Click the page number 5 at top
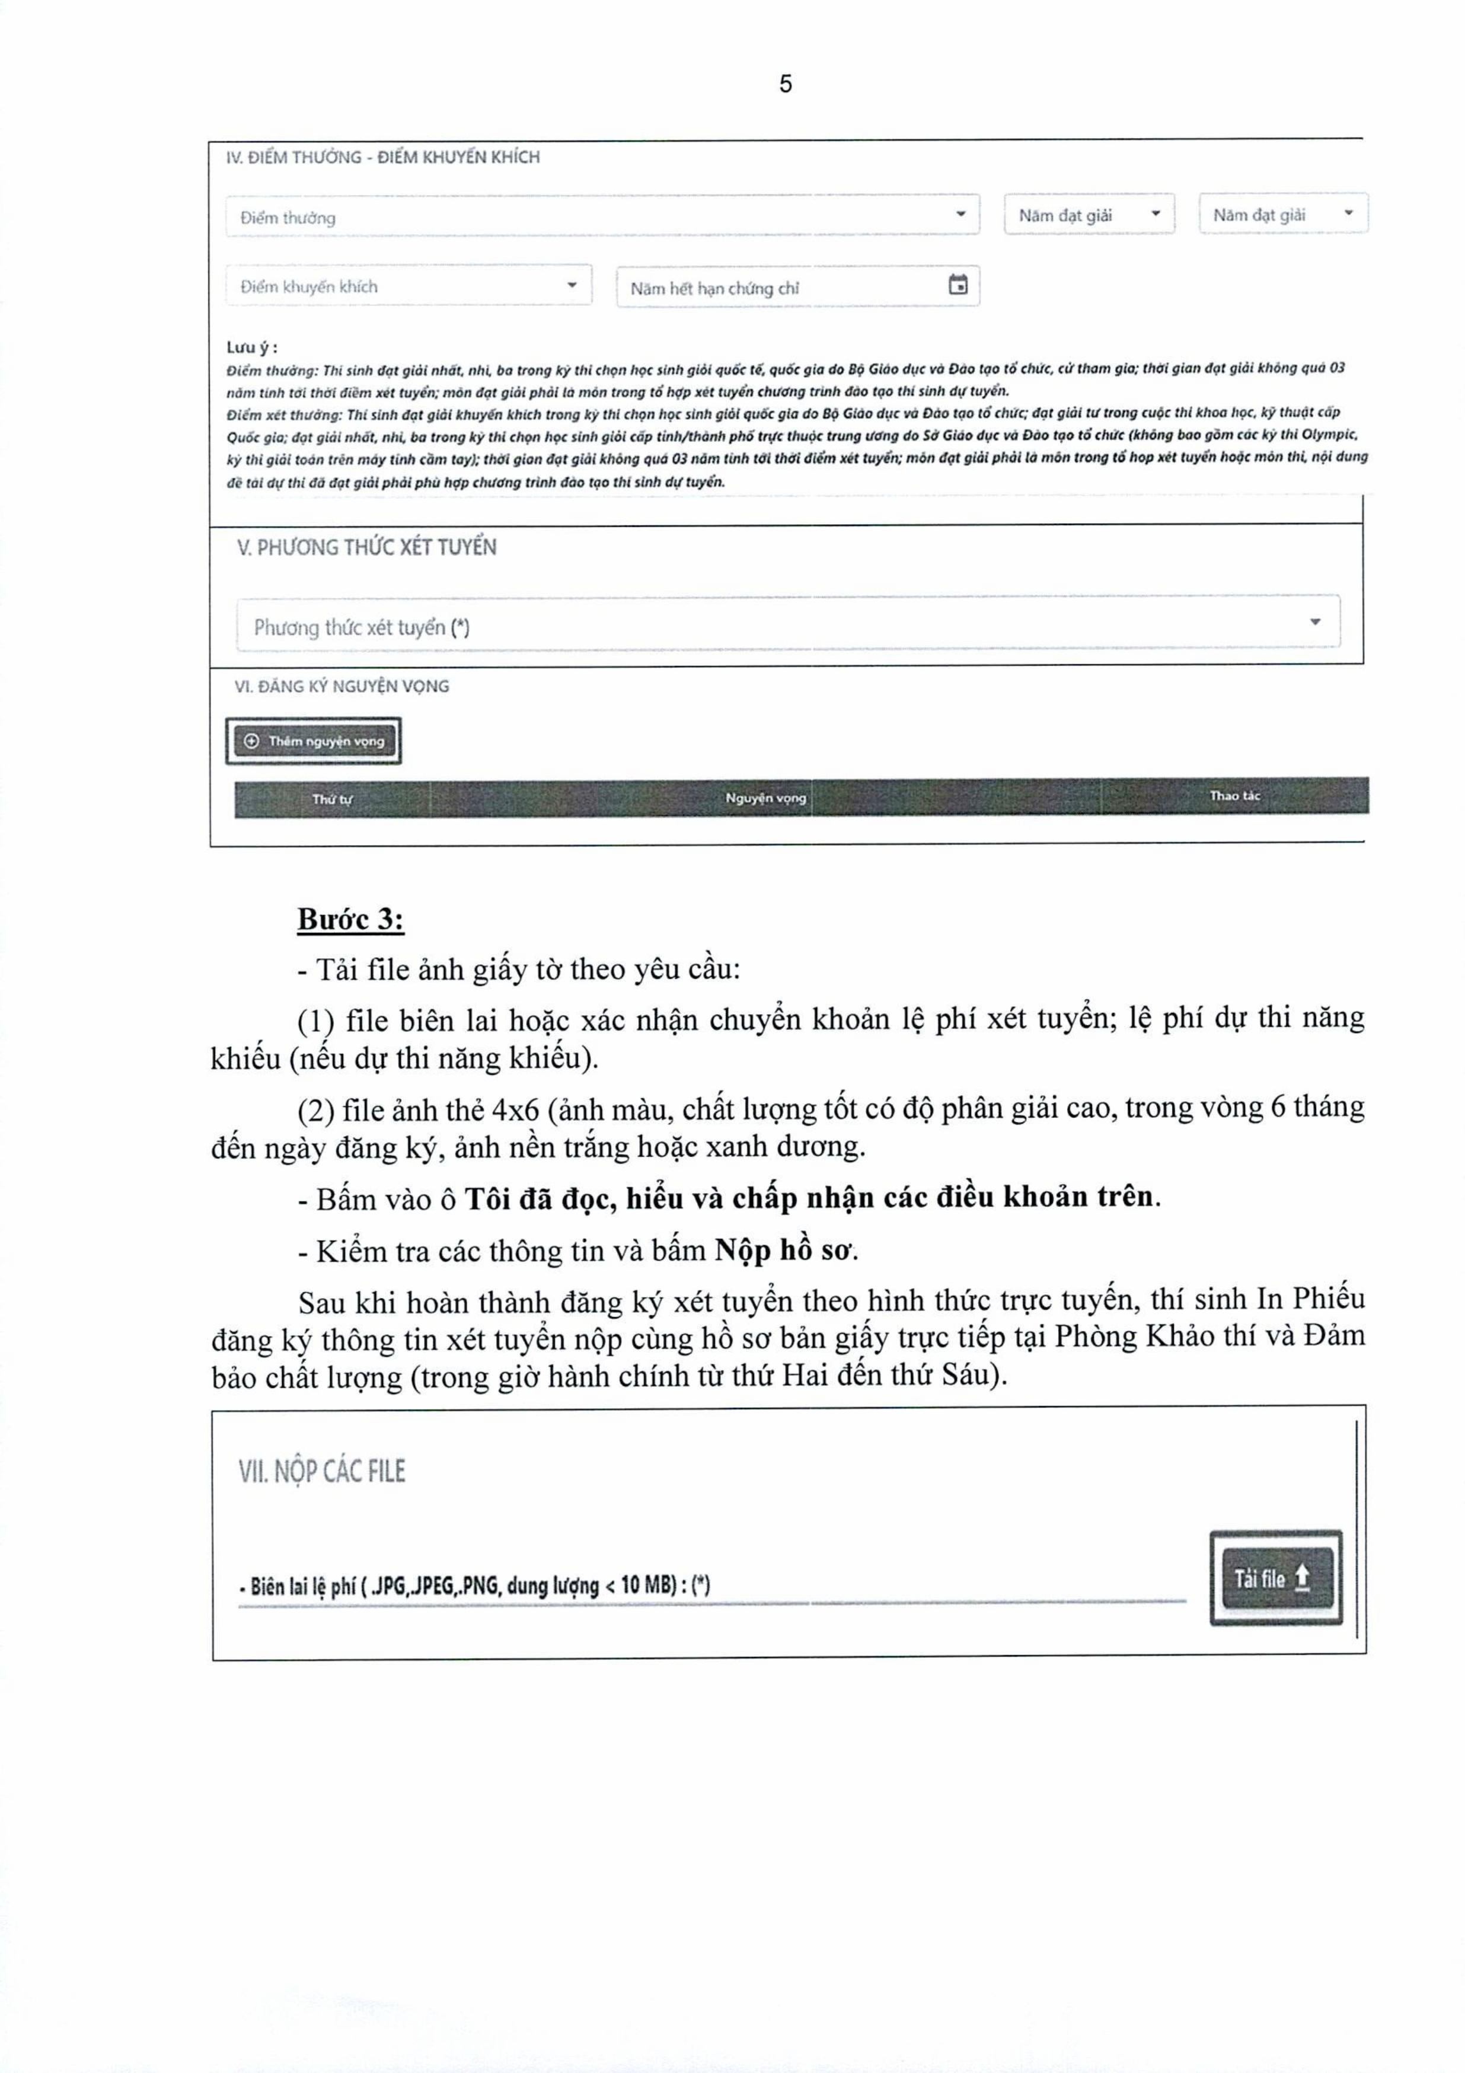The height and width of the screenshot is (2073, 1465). tap(786, 84)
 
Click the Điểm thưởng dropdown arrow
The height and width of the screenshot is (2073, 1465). tap(960, 214)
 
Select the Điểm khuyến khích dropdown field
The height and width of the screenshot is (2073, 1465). tap(408, 286)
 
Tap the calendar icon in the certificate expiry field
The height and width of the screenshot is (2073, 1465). tap(957, 285)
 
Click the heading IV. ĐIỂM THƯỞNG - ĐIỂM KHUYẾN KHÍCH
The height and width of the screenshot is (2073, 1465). tap(383, 157)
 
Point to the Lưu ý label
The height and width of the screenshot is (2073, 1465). tap(252, 347)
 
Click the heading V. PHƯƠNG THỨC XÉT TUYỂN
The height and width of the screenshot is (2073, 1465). tap(366, 547)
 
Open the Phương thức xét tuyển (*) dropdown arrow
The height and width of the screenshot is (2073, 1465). tap(1315, 622)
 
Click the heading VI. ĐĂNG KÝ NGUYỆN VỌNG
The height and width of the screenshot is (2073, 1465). tap(341, 686)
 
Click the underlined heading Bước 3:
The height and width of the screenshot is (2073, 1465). tap(350, 919)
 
